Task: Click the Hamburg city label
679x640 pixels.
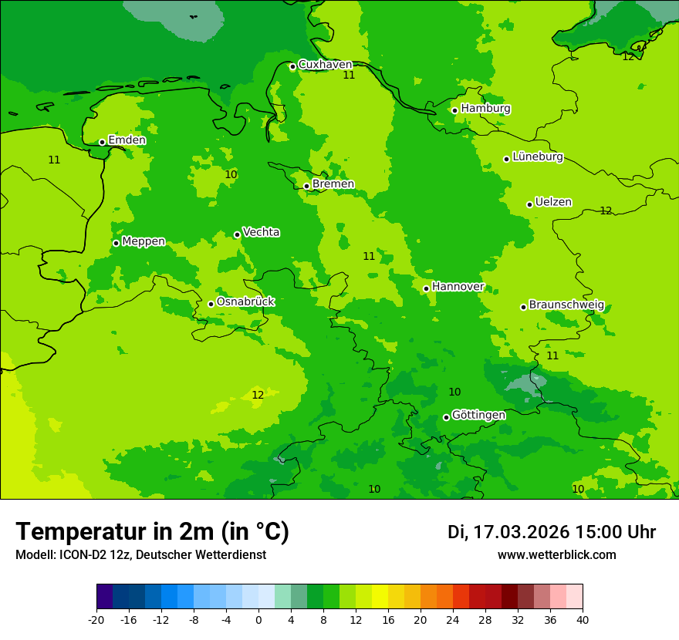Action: coord(485,109)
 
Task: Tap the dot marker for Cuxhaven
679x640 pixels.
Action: coord(292,67)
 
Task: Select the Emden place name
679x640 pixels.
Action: coord(127,140)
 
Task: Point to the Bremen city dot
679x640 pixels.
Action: coord(306,186)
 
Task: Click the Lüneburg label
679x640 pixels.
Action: coord(537,157)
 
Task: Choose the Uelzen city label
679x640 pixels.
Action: coord(553,202)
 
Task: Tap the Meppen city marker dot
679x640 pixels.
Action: coord(116,243)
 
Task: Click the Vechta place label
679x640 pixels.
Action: coord(261,232)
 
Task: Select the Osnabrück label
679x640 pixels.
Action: coord(245,301)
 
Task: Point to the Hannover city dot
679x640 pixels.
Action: coord(426,288)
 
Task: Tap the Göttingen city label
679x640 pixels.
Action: coord(478,415)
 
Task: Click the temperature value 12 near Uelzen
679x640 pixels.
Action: coord(606,211)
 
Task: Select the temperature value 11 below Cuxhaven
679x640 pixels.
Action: coord(349,75)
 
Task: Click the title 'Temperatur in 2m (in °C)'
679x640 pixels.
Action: coord(152,531)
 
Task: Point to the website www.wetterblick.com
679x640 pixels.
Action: coord(556,555)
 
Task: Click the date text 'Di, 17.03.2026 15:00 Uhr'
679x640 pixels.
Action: coord(551,532)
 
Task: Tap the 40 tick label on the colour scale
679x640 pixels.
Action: coord(582,620)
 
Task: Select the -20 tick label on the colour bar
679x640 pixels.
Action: coord(96,620)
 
